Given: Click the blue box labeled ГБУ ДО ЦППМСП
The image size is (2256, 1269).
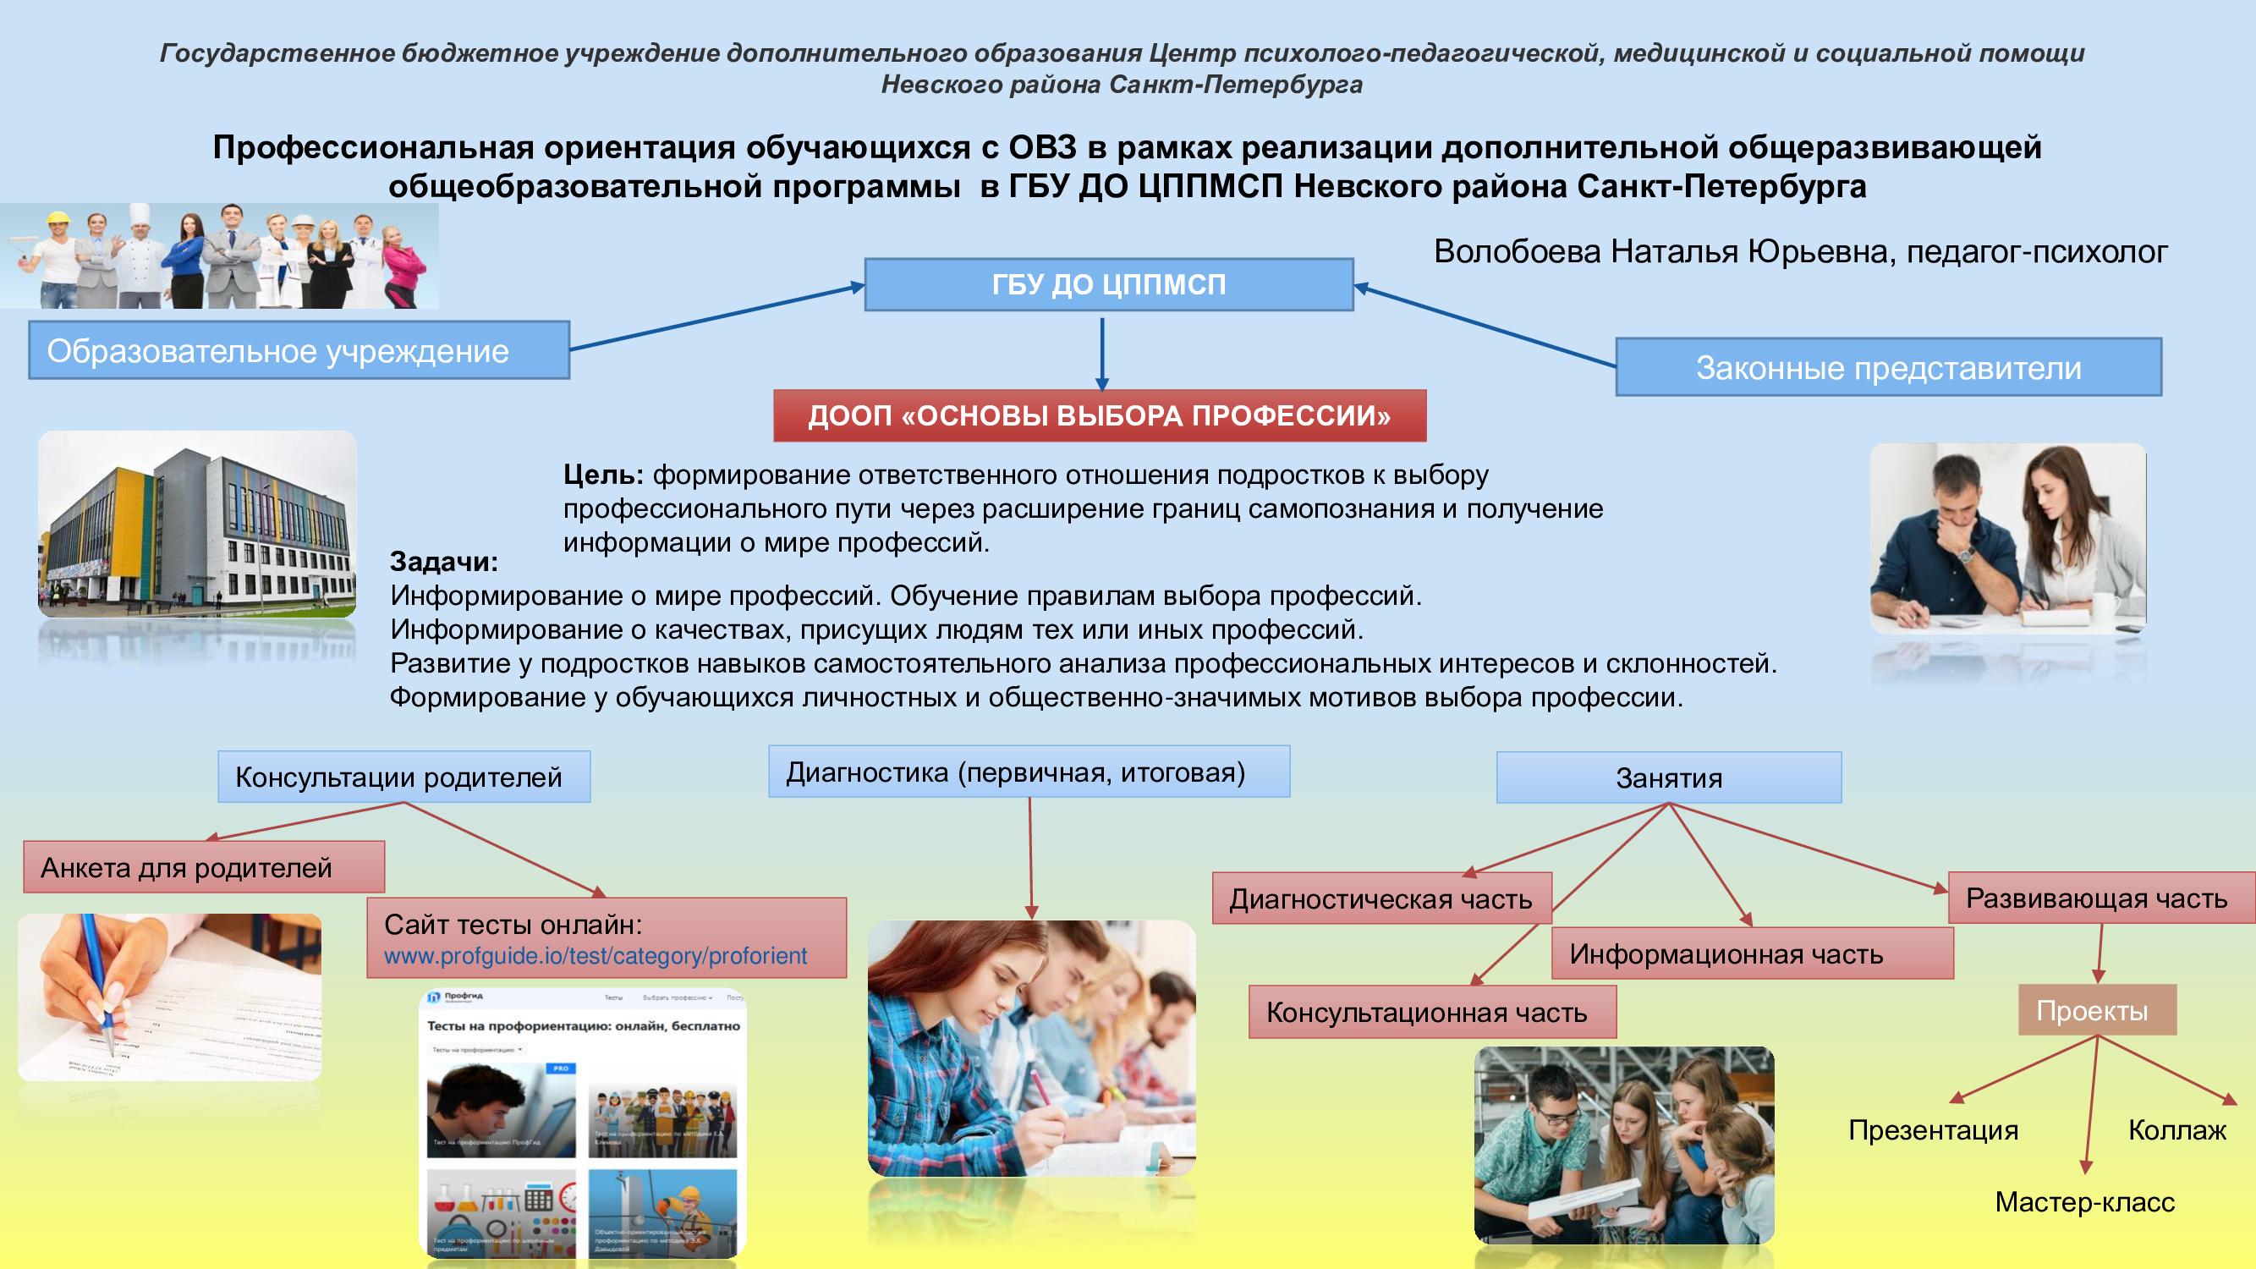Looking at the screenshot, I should click(x=1108, y=284).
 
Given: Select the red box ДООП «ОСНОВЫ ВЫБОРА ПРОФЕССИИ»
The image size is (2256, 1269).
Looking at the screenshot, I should click(x=1099, y=415).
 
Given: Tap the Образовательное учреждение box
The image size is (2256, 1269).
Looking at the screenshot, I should click(x=299, y=350).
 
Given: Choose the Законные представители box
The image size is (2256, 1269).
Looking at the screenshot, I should click(x=1888, y=368).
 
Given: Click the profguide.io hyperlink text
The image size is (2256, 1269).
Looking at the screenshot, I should click(x=595, y=956).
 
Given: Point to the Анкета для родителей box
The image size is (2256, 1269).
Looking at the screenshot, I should click(x=203, y=867).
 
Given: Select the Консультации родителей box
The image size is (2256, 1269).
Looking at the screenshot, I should click(x=403, y=777).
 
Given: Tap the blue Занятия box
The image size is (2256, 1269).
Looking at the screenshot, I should click(x=1668, y=777).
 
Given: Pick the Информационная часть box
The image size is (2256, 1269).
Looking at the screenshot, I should click(x=1752, y=953).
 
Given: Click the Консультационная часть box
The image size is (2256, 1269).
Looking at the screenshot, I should click(x=1431, y=1013).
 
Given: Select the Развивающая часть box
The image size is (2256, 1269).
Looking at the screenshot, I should click(x=2100, y=898).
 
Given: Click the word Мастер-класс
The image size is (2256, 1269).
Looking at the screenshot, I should click(x=2084, y=1201).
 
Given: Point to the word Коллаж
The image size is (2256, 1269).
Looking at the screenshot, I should click(x=2177, y=1129).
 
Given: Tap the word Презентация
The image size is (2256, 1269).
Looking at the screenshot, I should click(x=1933, y=1129).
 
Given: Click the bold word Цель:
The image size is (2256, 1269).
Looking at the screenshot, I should click(x=603, y=475).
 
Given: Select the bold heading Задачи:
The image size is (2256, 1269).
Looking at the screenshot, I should click(x=444, y=562).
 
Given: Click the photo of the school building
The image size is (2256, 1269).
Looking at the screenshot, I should click(x=197, y=524).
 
